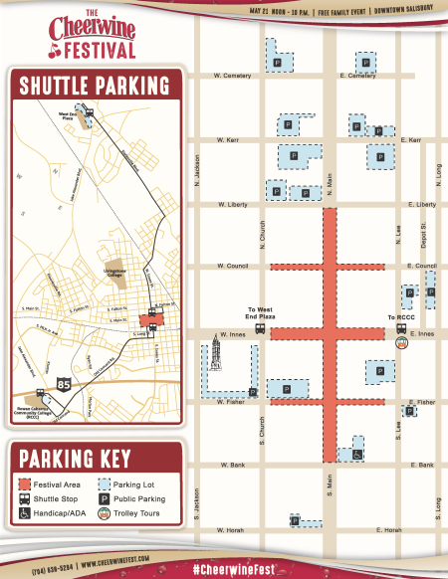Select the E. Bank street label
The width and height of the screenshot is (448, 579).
pyautogui.click(x=422, y=465)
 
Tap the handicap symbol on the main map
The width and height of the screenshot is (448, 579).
pyautogui.click(x=357, y=455)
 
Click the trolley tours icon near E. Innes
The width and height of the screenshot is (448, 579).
pyautogui.click(x=401, y=343)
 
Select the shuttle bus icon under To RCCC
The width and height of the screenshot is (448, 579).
pyautogui.click(x=401, y=327)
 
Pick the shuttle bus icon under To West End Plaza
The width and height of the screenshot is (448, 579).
pyautogui.click(x=260, y=327)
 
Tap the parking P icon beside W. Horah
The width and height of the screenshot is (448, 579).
pyautogui.click(x=296, y=520)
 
